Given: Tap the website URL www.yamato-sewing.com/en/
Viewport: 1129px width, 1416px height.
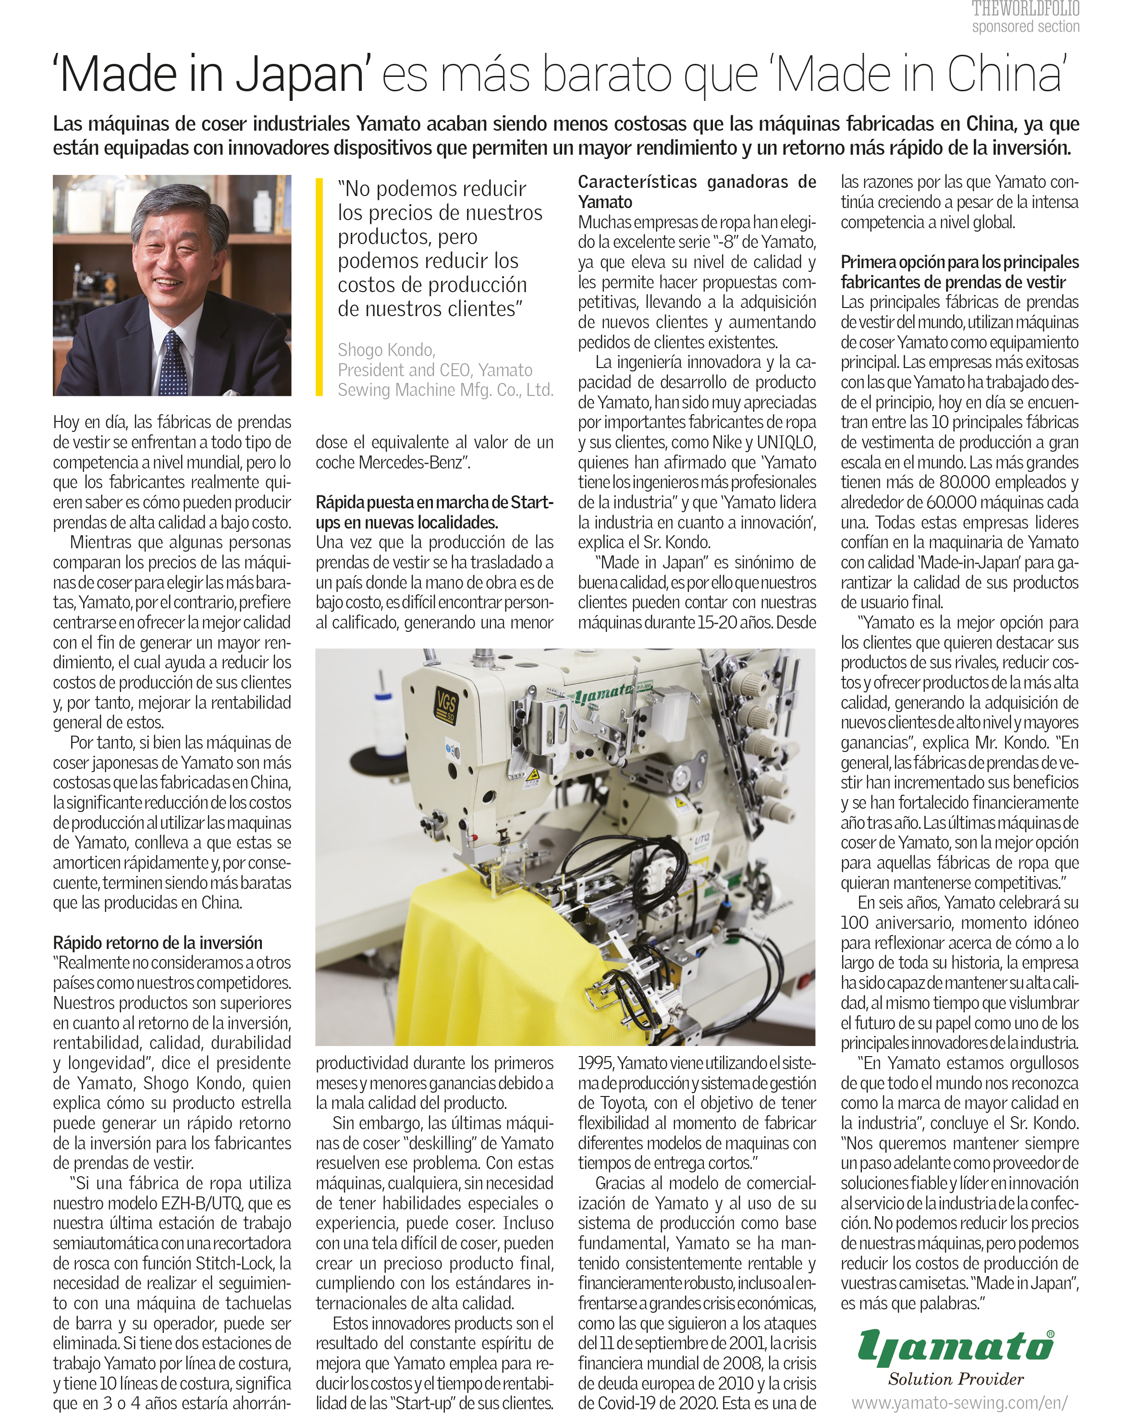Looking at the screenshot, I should (x=959, y=1402).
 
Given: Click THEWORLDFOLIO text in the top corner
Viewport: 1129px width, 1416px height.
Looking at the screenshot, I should (x=1025, y=9).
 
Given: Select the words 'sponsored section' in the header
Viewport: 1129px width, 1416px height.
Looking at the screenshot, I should (x=1025, y=26).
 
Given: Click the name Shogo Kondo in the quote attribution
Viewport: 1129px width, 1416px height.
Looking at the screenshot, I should (x=386, y=349).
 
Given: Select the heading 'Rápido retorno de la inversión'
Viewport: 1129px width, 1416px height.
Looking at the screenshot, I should (x=158, y=942).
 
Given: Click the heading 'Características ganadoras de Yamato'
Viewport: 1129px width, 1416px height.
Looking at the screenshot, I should (x=696, y=191).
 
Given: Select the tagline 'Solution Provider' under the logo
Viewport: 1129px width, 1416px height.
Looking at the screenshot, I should (x=956, y=1379).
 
